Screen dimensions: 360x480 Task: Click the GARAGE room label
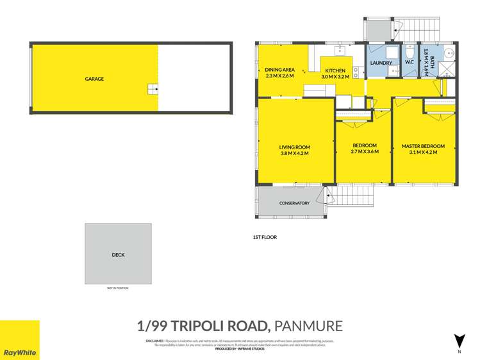pos(94,79)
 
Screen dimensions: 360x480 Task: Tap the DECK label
pos(118,255)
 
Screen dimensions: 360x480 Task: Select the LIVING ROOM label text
pos(295,147)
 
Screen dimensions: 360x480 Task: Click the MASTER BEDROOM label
pos(422,146)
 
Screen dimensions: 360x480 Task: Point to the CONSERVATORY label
pos(294,203)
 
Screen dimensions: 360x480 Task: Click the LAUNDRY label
pos(381,63)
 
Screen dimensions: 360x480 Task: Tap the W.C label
pos(409,63)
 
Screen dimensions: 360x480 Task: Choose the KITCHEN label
pos(335,70)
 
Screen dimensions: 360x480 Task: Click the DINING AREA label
pos(279,70)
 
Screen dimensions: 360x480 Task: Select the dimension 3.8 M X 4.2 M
pos(295,153)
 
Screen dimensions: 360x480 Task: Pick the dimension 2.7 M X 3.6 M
pos(364,152)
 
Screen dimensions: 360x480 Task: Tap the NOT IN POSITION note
pos(118,288)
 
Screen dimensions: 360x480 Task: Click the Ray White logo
pos(19,340)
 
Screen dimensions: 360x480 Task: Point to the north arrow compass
pos(458,341)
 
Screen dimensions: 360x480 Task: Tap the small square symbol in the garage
pos(152,89)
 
